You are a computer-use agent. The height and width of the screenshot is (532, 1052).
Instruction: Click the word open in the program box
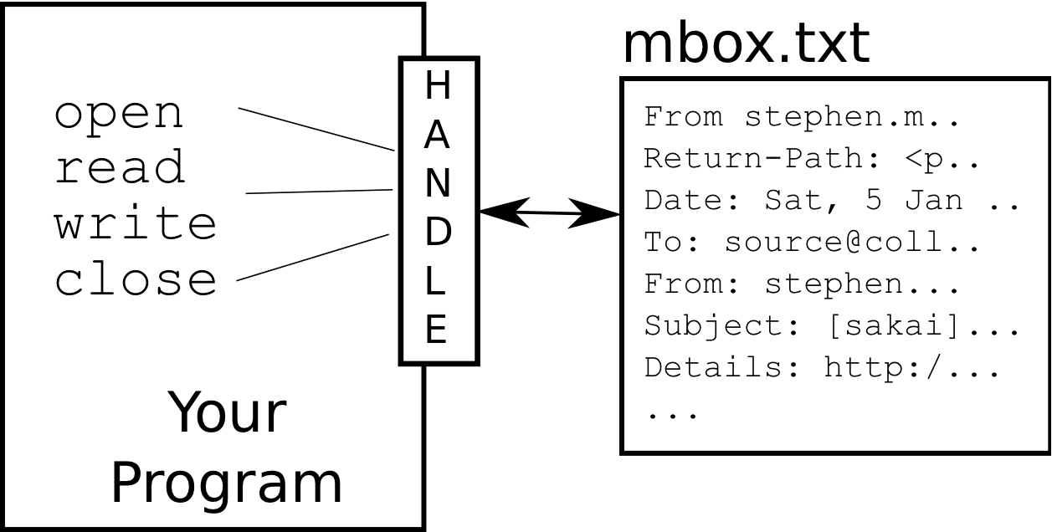118,115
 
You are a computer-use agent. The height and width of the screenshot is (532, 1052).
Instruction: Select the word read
120,168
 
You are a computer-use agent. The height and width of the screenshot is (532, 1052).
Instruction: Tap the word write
136,223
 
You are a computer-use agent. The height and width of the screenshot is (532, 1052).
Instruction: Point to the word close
136,279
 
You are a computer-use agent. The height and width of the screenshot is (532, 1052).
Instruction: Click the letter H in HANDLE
437,86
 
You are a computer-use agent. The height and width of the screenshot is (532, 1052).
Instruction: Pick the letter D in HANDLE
438,234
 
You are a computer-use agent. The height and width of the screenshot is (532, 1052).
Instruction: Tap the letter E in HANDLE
437,330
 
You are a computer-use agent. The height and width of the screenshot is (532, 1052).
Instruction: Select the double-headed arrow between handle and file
549,214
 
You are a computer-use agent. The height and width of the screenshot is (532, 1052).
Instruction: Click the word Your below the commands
228,413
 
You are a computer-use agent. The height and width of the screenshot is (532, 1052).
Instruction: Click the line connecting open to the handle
316,129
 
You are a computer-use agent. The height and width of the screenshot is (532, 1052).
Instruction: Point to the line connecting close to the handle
314,258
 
